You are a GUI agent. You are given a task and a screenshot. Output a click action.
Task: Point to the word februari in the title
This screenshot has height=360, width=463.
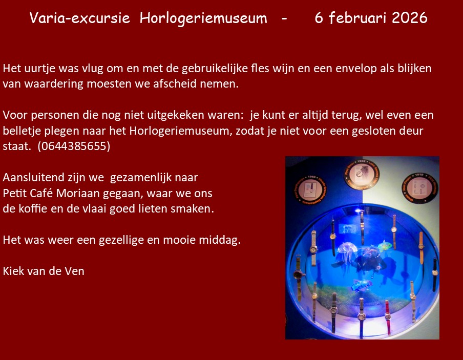pyautogui.click(x=358, y=18)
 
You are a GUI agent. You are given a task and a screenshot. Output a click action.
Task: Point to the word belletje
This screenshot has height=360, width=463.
pyautogui.click(x=23, y=131)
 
